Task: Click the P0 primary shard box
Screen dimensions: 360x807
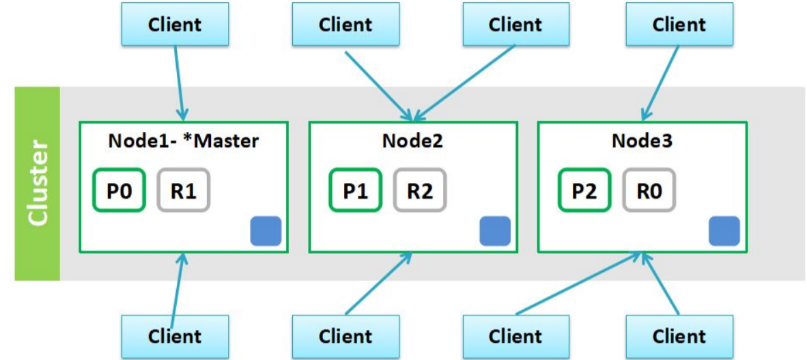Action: click(x=119, y=191)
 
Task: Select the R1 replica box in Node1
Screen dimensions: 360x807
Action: click(x=184, y=191)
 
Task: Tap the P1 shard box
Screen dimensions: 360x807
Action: click(x=355, y=191)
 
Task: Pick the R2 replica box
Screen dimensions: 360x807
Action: click(x=420, y=191)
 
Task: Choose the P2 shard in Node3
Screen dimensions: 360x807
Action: click(x=584, y=191)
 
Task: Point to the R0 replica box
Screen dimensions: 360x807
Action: click(x=649, y=191)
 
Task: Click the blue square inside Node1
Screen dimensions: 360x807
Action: click(x=266, y=231)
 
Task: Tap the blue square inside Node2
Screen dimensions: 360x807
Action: click(x=495, y=231)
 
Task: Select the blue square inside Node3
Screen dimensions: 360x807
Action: click(x=724, y=231)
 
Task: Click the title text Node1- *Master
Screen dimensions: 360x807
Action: click(x=184, y=141)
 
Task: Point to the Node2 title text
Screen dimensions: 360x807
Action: click(x=412, y=141)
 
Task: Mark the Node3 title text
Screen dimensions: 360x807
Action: click(x=642, y=141)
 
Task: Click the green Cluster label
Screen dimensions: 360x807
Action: click(x=38, y=183)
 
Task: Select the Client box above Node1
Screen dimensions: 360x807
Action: click(x=175, y=25)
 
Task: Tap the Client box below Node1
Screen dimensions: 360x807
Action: click(x=175, y=336)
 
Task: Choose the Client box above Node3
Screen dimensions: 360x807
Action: click(x=679, y=25)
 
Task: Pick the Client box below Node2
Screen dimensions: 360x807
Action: click(x=345, y=336)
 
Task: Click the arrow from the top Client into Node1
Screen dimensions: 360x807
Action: click(x=179, y=82)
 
